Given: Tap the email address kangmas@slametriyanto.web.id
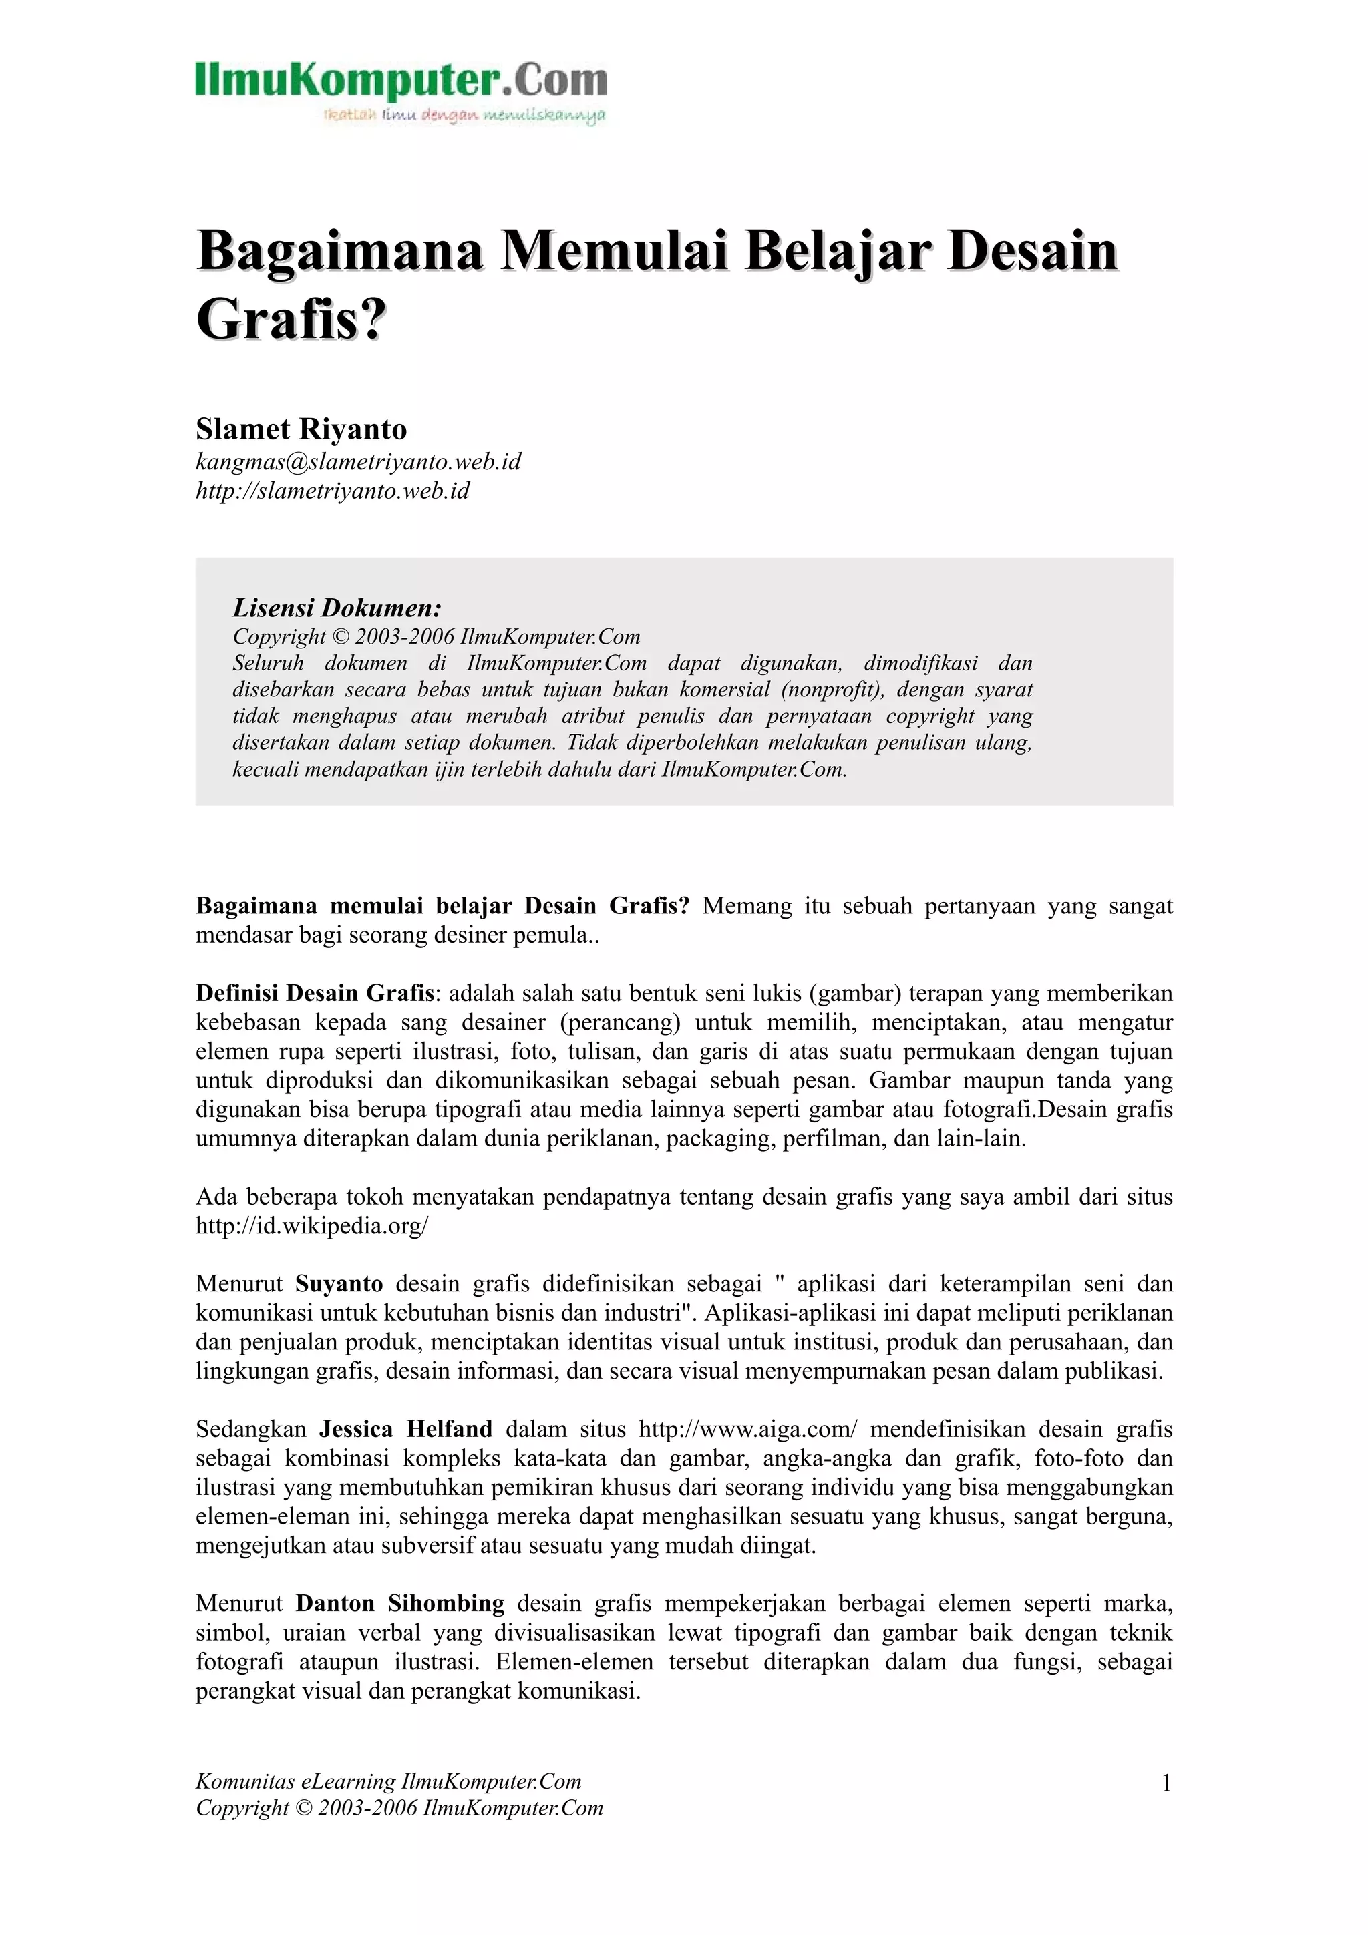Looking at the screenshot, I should (x=358, y=462).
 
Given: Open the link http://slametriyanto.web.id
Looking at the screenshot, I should (x=332, y=491).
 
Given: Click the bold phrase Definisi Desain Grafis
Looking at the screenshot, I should (x=315, y=993).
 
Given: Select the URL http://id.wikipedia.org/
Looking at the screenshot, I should (x=312, y=1225).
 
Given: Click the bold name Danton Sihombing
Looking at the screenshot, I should (x=399, y=1603).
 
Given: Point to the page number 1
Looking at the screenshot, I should (x=1166, y=1783).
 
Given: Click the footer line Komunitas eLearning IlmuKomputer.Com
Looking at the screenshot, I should (x=389, y=1781).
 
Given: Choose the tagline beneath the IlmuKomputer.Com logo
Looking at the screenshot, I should (x=464, y=115).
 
